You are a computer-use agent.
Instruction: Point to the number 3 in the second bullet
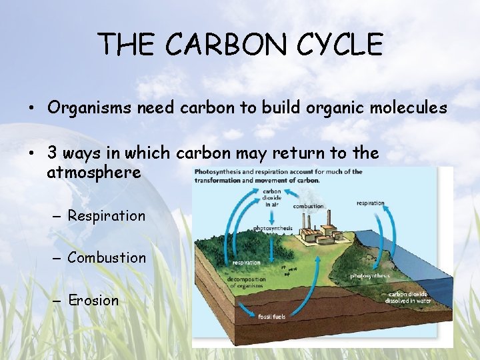point(52,153)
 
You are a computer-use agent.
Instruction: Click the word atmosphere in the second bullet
point(94,173)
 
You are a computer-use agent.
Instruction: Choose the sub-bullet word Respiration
point(106,216)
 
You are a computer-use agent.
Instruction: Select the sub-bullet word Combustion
point(107,257)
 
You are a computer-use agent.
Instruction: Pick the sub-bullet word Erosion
point(93,300)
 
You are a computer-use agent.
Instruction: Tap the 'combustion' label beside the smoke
point(308,206)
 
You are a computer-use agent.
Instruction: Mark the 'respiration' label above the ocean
point(370,203)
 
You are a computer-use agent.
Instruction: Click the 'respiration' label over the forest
point(246,263)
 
